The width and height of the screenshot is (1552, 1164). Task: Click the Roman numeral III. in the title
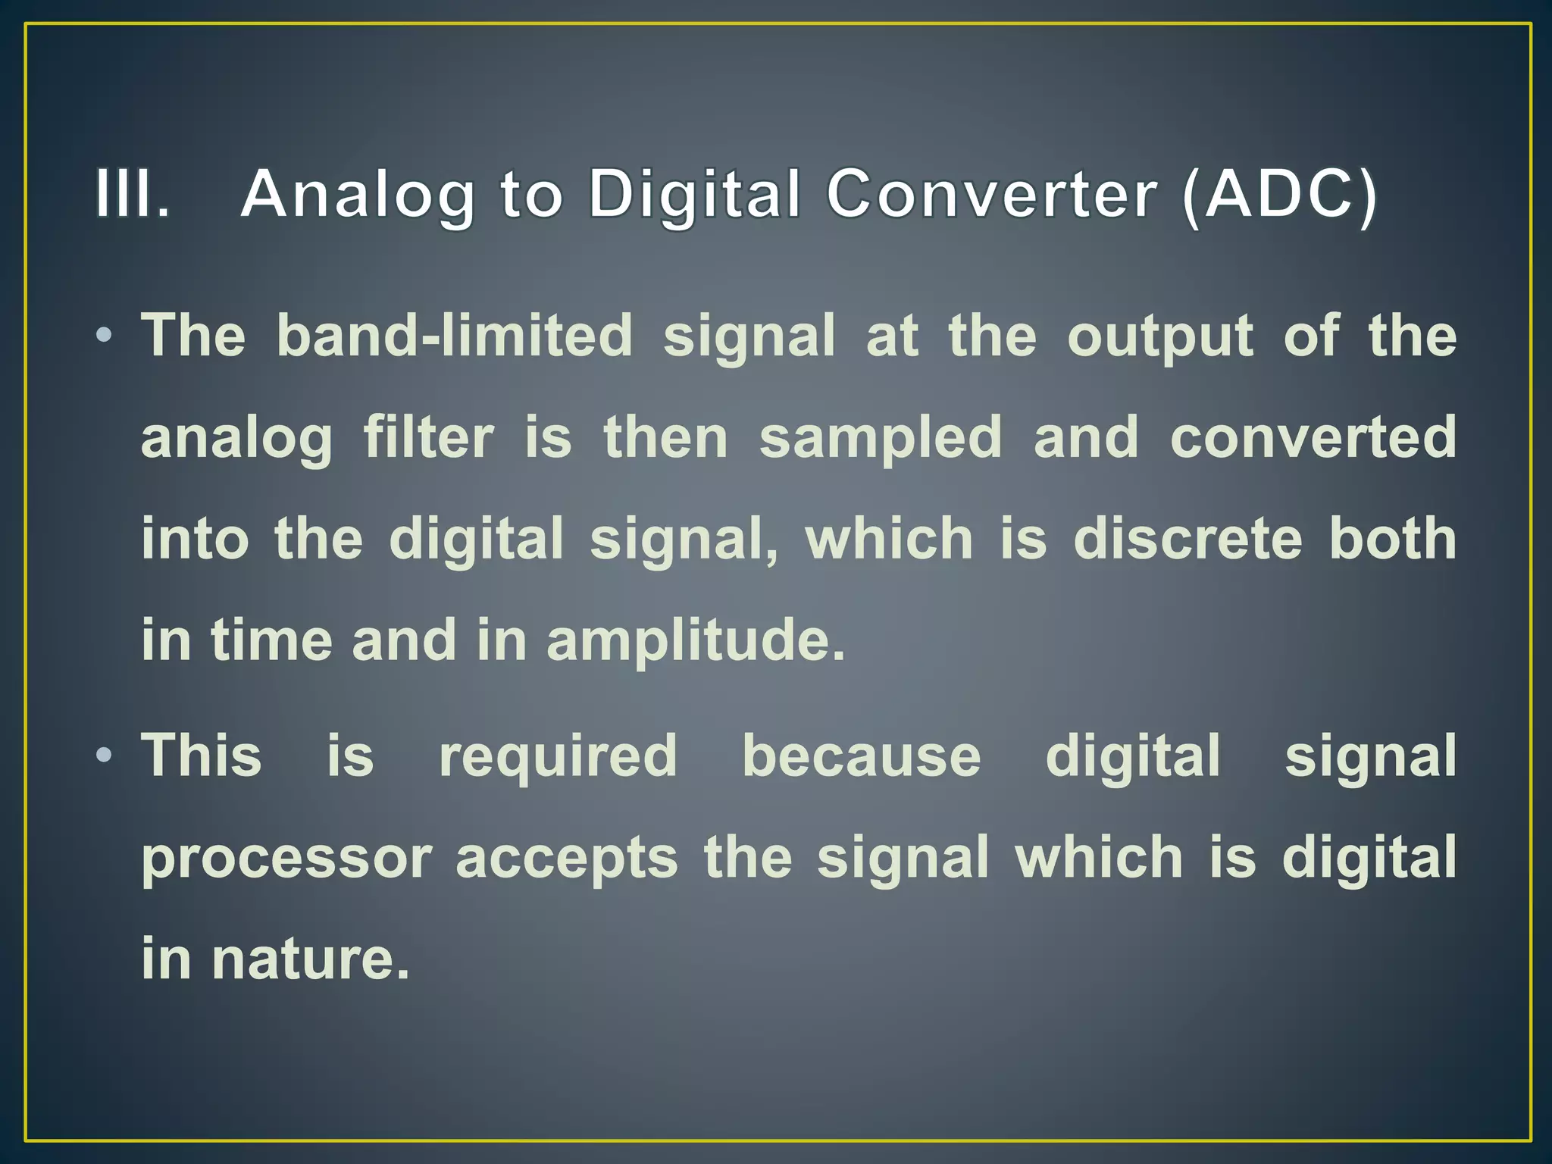click(x=132, y=194)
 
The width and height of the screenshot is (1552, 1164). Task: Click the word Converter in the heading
click(x=991, y=194)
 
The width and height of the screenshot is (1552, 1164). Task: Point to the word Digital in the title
click(x=693, y=196)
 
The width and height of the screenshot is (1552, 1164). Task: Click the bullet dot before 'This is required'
click(x=105, y=755)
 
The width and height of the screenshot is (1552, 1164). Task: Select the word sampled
click(x=881, y=438)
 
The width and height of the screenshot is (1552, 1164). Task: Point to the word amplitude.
click(x=695, y=640)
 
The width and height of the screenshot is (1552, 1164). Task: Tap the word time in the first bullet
click(x=271, y=640)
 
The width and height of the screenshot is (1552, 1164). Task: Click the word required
click(x=558, y=756)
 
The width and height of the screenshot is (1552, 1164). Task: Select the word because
click(x=861, y=756)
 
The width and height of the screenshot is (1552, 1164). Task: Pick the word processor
click(x=286, y=859)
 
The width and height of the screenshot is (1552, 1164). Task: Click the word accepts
click(x=566, y=859)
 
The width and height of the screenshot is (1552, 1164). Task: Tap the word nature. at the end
click(x=310, y=959)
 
